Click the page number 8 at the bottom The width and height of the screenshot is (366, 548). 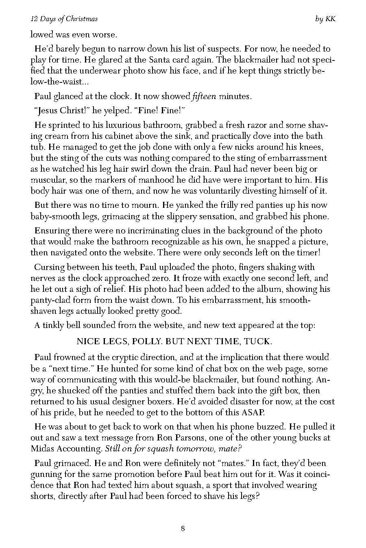pos(183,529)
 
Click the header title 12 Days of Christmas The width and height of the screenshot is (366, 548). pos(64,19)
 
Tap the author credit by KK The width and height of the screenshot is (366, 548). pos(325,19)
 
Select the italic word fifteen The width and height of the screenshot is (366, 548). pos(204,97)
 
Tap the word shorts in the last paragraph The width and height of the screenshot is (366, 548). pos(43,496)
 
